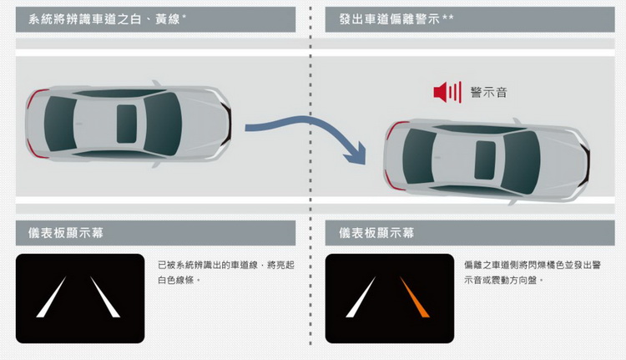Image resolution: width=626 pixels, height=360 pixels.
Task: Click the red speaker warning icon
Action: [447, 93]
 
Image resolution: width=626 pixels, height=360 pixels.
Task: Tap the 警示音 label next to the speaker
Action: [488, 93]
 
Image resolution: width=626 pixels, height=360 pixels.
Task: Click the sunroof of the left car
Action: [127, 124]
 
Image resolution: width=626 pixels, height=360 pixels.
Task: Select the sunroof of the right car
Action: [485, 160]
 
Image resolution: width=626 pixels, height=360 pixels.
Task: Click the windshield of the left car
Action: [163, 124]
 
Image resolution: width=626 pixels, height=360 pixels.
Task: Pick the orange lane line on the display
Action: [414, 297]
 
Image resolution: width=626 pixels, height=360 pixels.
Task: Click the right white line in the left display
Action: [105, 297]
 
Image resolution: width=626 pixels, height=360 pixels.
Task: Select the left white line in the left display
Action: [51, 297]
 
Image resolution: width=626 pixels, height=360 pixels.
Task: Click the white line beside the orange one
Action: [361, 297]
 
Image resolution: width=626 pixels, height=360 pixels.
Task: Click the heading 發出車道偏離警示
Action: [389, 18]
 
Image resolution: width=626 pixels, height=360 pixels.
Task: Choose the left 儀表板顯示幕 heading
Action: [66, 233]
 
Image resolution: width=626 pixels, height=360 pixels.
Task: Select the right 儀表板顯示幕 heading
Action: [376, 233]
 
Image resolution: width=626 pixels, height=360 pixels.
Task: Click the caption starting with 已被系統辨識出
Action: [226, 272]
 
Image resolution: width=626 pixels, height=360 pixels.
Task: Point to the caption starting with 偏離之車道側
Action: [533, 272]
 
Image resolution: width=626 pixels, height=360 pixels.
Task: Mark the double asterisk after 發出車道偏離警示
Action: [448, 18]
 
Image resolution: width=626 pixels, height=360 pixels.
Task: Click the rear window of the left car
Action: [60, 124]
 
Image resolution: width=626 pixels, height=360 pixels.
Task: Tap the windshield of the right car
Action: [521, 162]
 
